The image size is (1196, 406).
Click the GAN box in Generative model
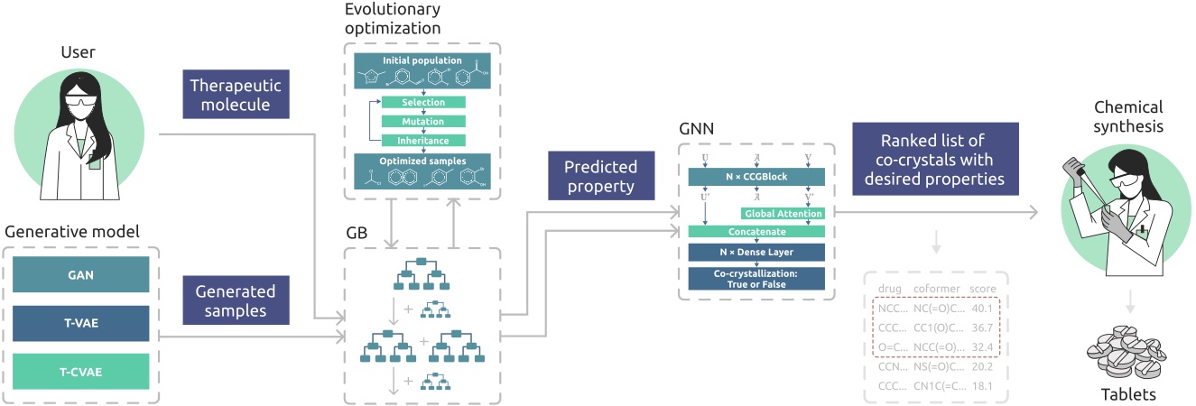click(x=81, y=273)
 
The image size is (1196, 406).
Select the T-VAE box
click(x=81, y=322)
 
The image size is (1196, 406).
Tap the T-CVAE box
click(x=81, y=371)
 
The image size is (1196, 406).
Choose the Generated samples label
click(x=236, y=300)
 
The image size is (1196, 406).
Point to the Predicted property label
click(x=600, y=177)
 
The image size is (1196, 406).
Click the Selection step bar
click(x=423, y=102)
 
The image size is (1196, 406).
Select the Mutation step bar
click(x=423, y=121)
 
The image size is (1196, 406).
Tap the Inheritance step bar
click(x=423, y=140)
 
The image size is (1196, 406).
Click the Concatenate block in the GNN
click(x=756, y=232)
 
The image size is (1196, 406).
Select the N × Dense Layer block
click(x=756, y=253)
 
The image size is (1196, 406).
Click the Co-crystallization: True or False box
click(x=756, y=278)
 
